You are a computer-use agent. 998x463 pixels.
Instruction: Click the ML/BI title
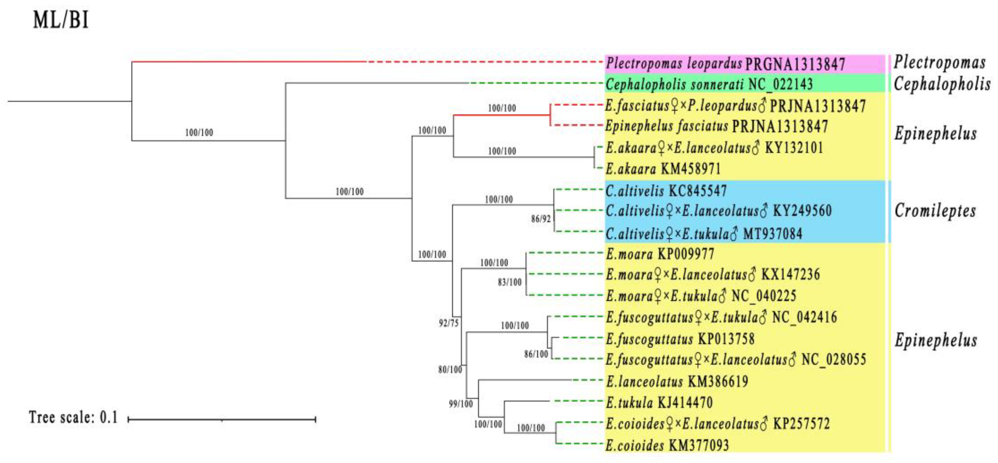61,20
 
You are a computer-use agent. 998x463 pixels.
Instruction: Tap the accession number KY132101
794,148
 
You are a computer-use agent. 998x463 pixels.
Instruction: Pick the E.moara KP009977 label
660,254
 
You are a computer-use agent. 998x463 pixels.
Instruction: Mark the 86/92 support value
540,219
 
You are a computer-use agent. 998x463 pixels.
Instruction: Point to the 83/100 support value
510,282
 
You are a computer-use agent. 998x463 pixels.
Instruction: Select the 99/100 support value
461,404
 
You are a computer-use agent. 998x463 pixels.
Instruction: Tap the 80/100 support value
450,370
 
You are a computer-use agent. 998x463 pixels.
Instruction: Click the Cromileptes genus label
935,211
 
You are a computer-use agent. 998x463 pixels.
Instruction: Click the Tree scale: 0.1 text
73,417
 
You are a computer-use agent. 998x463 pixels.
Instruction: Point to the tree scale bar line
222,419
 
